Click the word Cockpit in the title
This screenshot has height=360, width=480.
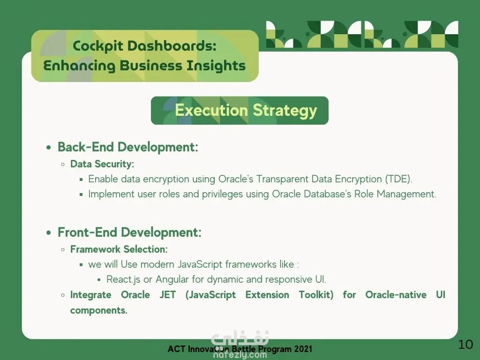coord(97,46)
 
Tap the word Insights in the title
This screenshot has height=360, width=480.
coord(216,66)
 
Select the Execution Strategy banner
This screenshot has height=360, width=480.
coord(240,111)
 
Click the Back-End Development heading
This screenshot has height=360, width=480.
coord(128,147)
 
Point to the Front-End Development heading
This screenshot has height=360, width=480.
coord(129,232)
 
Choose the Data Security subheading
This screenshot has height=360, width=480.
coord(102,164)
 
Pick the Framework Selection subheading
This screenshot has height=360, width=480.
coord(119,249)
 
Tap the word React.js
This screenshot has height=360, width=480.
coord(123,279)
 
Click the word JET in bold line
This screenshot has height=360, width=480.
coord(167,295)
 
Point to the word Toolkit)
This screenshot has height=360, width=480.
coord(316,295)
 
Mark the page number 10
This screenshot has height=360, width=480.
coord(465,345)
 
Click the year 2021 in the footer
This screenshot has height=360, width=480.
coord(303,349)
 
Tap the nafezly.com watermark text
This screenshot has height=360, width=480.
coord(240,355)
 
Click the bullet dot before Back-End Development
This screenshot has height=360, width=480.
coord(49,148)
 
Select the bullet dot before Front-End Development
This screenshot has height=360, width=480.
coord(49,233)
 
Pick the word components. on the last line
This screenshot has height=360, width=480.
coord(98,310)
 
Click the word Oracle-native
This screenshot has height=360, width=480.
coord(396,295)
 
